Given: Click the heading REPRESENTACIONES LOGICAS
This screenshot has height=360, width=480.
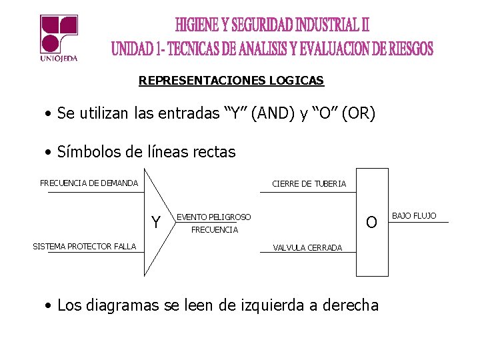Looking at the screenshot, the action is click(231, 81).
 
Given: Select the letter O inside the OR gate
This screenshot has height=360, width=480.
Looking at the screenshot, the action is click(372, 221).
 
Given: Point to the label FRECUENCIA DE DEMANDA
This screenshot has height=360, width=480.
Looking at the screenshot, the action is click(89, 183).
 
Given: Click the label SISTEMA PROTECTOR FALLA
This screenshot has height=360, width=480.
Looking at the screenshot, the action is click(84, 247).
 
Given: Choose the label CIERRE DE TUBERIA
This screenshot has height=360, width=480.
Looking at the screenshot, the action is click(309, 184).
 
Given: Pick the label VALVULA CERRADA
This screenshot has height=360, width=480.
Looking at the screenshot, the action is click(307, 248).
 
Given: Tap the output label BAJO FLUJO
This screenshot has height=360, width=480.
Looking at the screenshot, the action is click(413, 216).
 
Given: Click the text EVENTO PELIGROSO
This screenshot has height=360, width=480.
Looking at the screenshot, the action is click(213, 217).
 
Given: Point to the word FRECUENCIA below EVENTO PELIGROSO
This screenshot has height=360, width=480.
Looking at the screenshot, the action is click(214, 230).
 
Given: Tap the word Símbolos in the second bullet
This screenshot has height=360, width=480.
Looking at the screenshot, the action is click(86, 152).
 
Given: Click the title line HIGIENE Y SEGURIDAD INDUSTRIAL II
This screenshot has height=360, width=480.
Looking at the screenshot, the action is click(272, 25).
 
